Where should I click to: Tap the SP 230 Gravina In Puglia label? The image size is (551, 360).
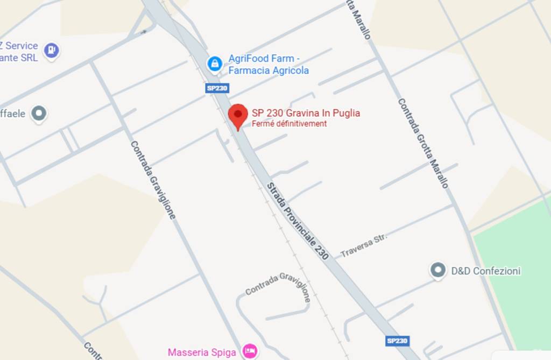(306, 113)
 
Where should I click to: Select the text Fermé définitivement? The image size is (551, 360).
(289, 124)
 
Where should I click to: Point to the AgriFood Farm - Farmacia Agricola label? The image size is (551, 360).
(269, 65)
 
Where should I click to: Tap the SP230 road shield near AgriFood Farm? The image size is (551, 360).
(217, 88)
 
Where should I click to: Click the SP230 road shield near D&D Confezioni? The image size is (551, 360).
(397, 341)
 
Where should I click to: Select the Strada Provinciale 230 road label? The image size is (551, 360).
(298, 221)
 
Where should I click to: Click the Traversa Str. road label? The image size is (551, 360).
(364, 245)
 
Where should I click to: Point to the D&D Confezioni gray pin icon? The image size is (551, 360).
(438, 270)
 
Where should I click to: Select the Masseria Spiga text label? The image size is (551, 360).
(202, 352)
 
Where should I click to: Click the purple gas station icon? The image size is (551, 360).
(51, 51)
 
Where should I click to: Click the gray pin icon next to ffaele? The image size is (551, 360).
(39, 114)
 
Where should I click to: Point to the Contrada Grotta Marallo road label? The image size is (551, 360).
(422, 143)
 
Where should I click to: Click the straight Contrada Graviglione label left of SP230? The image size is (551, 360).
(153, 180)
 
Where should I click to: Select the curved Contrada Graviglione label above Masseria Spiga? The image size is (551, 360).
(278, 285)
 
